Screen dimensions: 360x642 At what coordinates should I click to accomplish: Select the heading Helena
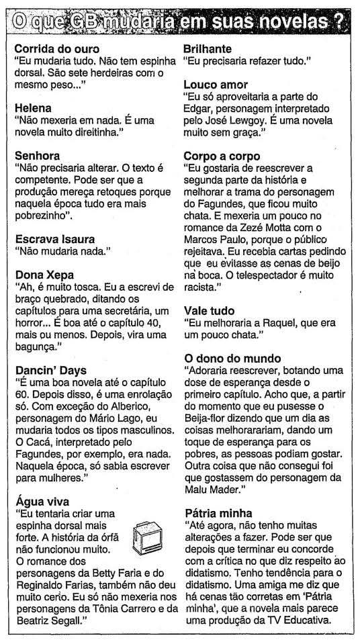tap(33, 107)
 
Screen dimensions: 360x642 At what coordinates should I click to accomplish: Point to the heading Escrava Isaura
tap(54, 238)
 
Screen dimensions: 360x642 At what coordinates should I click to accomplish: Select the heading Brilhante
tap(208, 49)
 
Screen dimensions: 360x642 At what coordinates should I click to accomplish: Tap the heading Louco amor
tap(216, 85)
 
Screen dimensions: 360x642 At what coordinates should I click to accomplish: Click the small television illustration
tap(148, 537)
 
